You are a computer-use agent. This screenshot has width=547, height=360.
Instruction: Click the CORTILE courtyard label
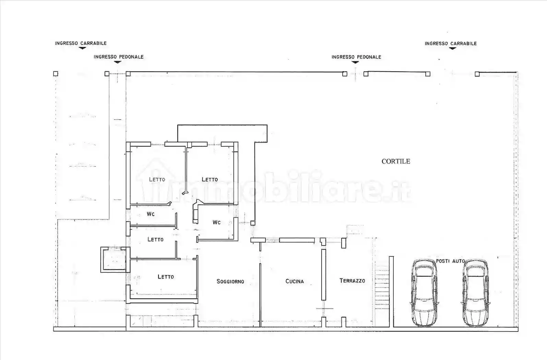396,161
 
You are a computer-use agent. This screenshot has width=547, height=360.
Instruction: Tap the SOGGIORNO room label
230,281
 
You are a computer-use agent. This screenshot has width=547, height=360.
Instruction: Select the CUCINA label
295,281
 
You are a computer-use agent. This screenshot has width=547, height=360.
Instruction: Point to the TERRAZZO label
352,280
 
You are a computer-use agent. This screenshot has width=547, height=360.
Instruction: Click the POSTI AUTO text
450,261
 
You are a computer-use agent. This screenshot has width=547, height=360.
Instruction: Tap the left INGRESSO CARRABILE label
81,43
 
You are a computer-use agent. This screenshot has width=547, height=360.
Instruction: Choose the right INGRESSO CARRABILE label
450,44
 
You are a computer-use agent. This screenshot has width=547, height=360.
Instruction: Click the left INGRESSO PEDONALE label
118,57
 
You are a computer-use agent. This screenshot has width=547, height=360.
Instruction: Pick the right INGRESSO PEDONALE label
356,57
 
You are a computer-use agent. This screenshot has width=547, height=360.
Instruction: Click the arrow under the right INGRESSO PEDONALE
355,62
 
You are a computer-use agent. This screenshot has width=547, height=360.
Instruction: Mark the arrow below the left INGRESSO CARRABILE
82,48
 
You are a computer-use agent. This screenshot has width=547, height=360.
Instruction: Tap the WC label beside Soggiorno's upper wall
216,222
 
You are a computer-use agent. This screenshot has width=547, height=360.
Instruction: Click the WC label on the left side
151,214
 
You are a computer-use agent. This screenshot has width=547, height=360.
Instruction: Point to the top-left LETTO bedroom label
157,179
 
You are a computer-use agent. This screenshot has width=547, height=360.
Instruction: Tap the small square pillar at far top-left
56,73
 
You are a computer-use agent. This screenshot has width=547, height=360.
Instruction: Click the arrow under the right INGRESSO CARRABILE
453,49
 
